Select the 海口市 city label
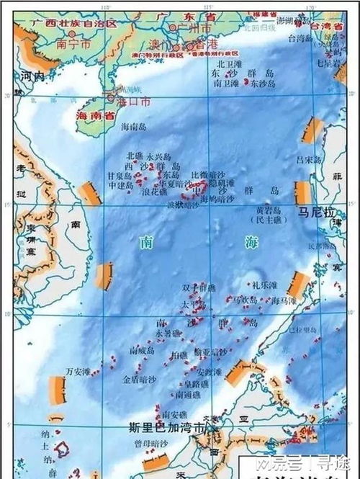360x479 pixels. click(134, 102)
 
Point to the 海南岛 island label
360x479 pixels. click(133, 127)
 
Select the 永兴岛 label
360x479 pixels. click(158, 156)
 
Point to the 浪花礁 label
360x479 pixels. click(154, 192)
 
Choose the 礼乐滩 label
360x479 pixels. click(264, 285)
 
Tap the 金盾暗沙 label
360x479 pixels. click(138, 378)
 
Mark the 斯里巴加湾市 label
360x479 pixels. click(163, 427)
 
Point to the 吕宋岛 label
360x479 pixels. click(308, 156)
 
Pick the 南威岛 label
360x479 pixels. click(143, 350)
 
